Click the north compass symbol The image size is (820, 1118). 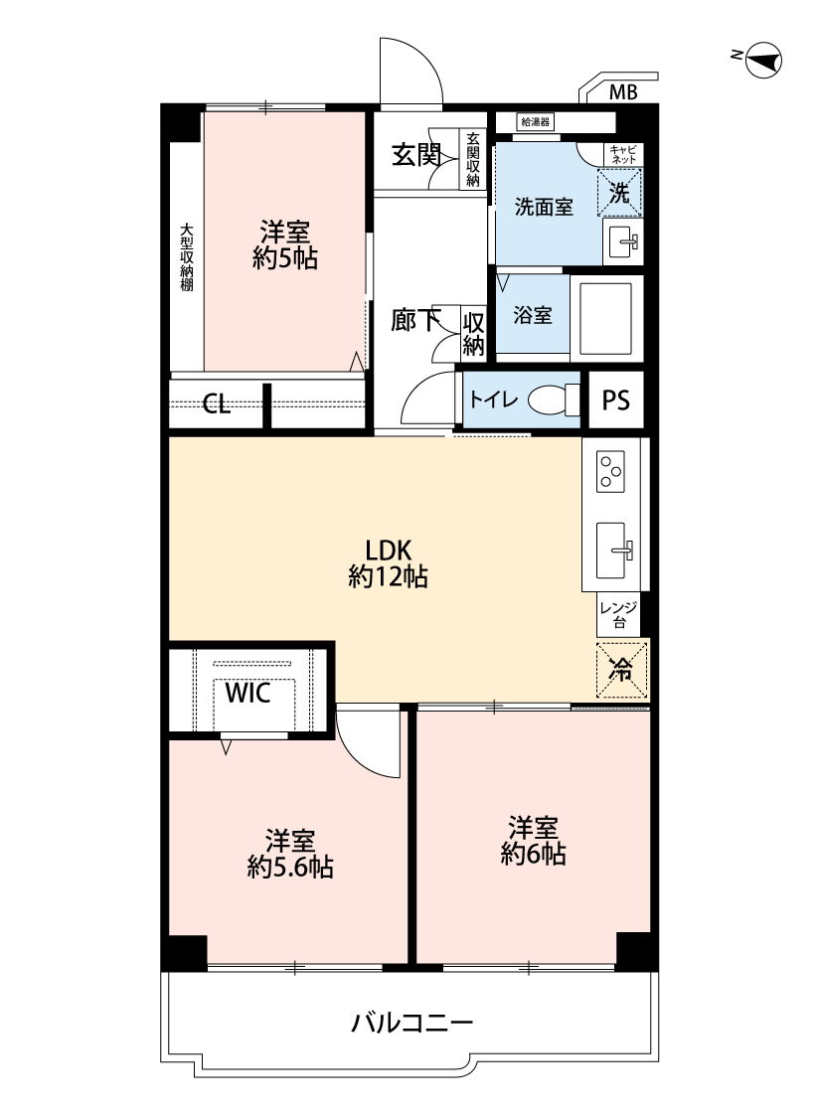click(763, 60)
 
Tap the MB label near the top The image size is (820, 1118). click(623, 92)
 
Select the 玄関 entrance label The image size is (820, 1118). click(416, 155)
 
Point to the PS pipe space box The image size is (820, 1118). click(616, 400)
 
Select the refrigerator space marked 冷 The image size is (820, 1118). click(622, 670)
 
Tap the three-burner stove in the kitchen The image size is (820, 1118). click(611, 471)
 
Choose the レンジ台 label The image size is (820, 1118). click(618, 614)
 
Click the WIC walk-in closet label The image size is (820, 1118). click(247, 693)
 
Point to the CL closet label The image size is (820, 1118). click(216, 405)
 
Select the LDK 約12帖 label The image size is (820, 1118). click(388, 563)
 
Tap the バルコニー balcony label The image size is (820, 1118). click(411, 1024)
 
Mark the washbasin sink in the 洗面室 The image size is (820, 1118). click(622, 241)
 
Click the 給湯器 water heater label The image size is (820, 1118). click(535, 122)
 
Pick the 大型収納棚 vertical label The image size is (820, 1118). click(187, 257)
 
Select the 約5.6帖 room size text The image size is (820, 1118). click(290, 868)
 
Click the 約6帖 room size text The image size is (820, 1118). click(534, 854)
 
